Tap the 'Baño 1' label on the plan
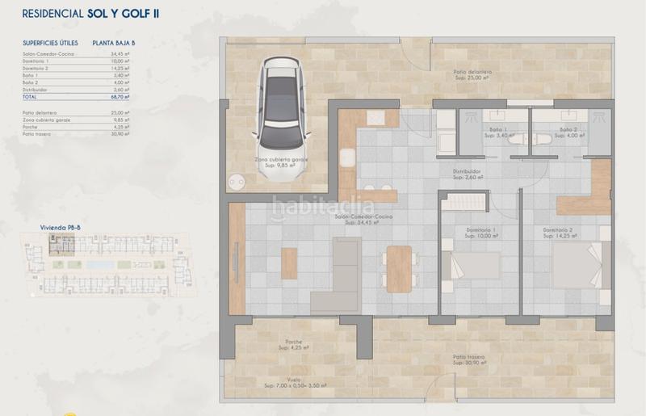[x=496, y=130]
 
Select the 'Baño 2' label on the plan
[x=568, y=130]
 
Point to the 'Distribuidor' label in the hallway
[x=467, y=171]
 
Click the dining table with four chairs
[x=397, y=267]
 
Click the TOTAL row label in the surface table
[x=31, y=96]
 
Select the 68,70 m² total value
[x=120, y=96]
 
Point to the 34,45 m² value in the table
[x=121, y=54]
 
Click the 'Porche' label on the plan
[x=293, y=342]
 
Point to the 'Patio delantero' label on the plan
[x=472, y=73]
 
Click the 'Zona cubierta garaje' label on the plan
[x=283, y=160]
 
